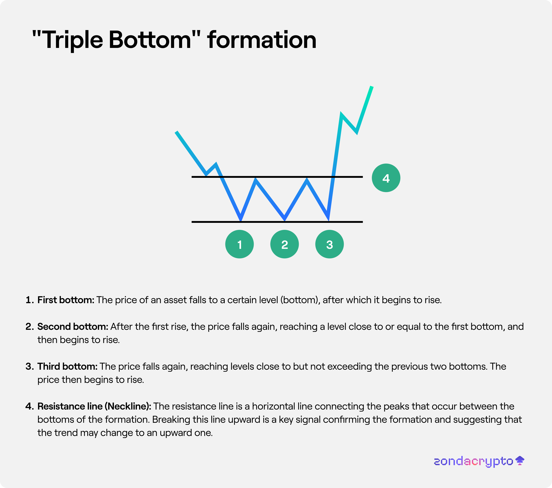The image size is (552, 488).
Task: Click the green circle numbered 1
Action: pyautogui.click(x=239, y=244)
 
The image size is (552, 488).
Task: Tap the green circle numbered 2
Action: pyautogui.click(x=284, y=244)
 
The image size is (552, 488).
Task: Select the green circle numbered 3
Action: pyautogui.click(x=330, y=244)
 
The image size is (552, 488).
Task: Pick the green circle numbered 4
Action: pyautogui.click(x=386, y=178)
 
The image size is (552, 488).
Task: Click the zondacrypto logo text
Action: pyautogui.click(x=473, y=461)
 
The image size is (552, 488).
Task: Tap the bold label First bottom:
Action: pyautogui.click(x=66, y=300)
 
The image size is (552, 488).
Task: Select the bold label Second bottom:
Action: pyautogui.click(x=73, y=327)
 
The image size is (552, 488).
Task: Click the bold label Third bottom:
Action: pyautogui.click(x=67, y=366)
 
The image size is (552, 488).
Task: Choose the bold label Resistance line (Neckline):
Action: pyautogui.click(x=94, y=406)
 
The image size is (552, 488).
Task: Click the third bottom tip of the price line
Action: pyautogui.click(x=328, y=219)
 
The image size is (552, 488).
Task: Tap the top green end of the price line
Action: pyautogui.click(x=372, y=87)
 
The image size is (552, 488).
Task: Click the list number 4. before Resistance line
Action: pyautogui.click(x=30, y=406)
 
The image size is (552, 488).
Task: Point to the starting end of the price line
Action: pyautogui.click(x=176, y=132)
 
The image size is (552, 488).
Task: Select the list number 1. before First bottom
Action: pyautogui.click(x=30, y=300)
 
